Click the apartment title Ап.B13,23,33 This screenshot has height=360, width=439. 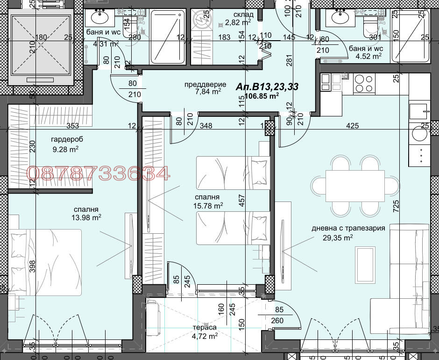click(267, 86)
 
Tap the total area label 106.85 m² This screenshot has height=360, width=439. click(262, 96)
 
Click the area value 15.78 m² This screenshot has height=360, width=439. click(208, 205)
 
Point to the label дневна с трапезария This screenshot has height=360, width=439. click(348, 228)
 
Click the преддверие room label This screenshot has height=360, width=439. click(202, 85)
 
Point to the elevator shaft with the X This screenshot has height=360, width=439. click(41, 47)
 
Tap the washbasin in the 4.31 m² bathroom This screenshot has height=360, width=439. click(100, 18)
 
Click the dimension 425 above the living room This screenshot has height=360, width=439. click(352, 125)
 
